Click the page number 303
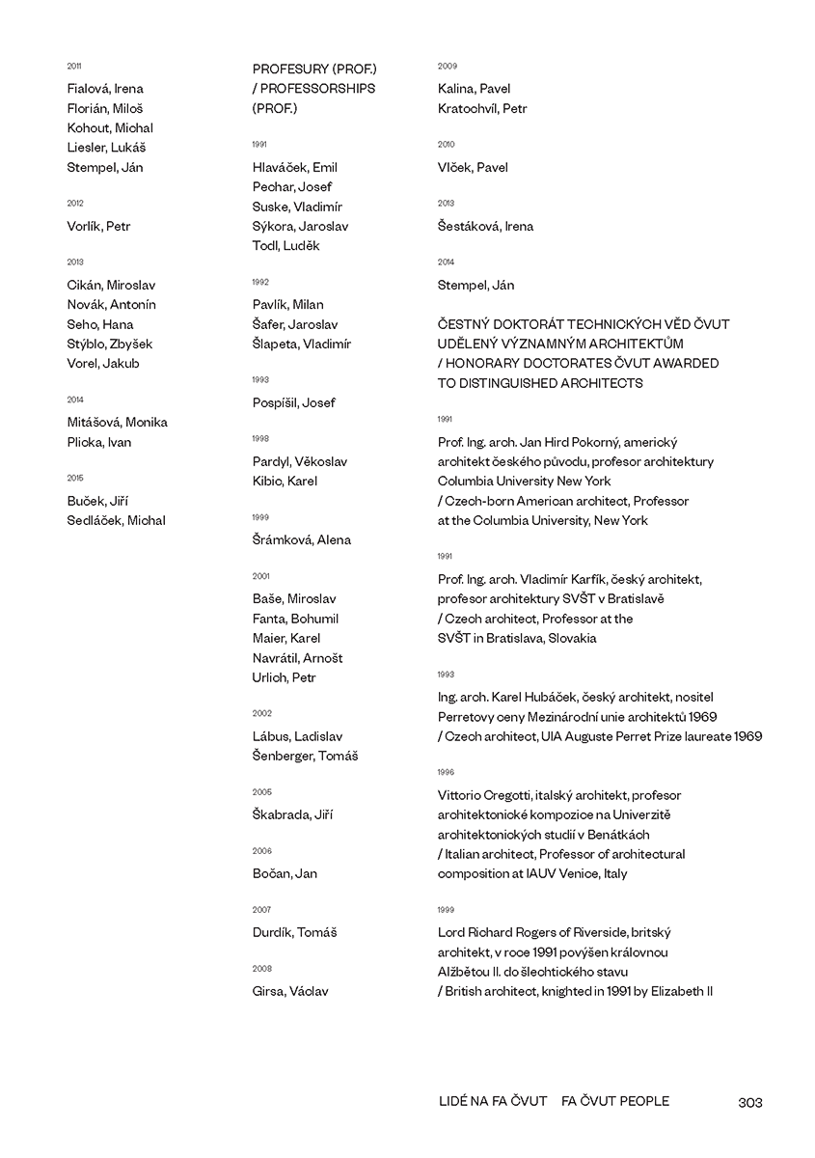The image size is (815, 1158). (x=749, y=1102)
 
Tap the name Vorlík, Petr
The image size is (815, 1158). (x=98, y=227)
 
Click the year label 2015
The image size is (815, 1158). (x=75, y=478)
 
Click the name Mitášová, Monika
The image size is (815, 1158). (x=117, y=423)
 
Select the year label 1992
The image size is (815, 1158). (x=260, y=282)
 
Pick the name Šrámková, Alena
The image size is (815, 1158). (x=301, y=540)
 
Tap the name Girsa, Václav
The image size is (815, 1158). (x=290, y=991)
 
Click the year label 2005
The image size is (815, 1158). (x=261, y=792)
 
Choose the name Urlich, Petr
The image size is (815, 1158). (x=284, y=677)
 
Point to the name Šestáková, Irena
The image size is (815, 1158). (x=485, y=227)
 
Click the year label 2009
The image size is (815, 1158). (x=447, y=67)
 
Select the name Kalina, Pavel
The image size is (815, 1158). (x=474, y=89)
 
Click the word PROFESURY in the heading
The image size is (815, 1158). (x=289, y=69)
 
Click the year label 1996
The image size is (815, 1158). (x=445, y=773)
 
